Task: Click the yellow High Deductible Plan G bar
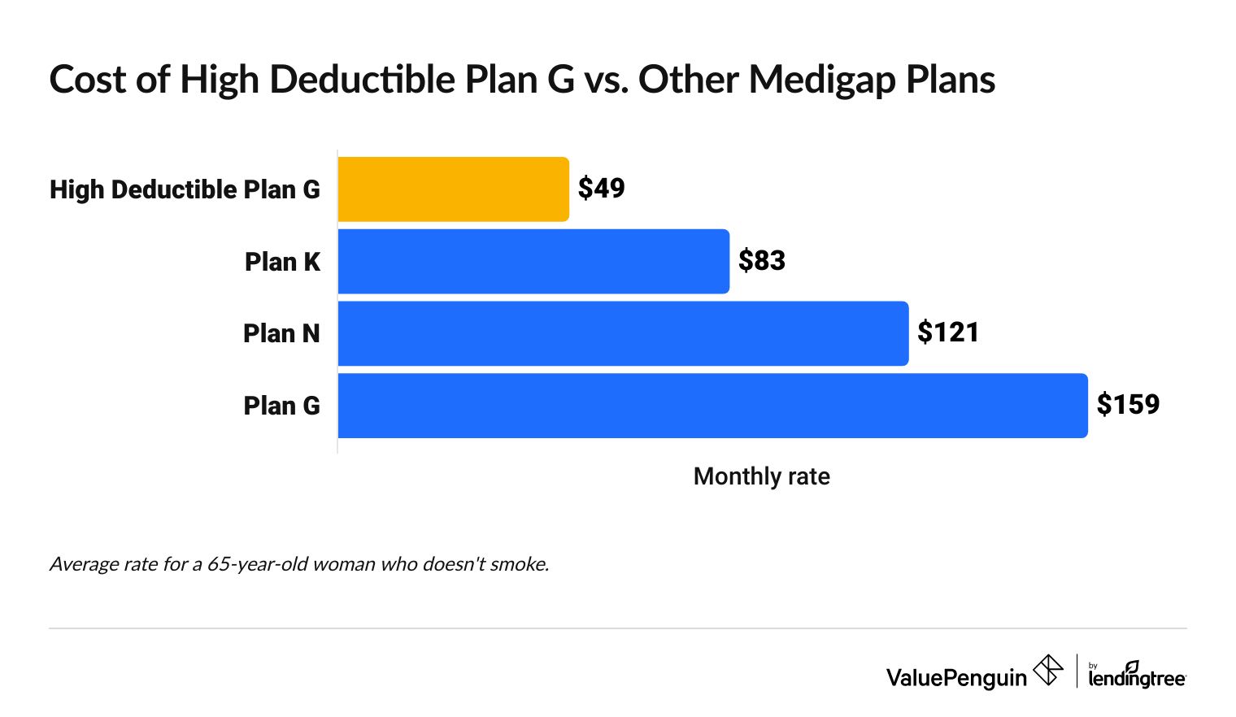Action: click(453, 189)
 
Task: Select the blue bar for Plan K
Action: click(533, 262)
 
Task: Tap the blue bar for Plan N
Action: click(623, 333)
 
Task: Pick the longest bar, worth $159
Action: click(712, 406)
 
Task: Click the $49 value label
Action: click(601, 189)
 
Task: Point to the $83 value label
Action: click(761, 261)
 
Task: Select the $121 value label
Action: click(948, 332)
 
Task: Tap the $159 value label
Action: click(1128, 405)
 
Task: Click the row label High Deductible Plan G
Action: click(185, 189)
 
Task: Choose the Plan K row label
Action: click(282, 262)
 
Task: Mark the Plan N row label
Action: click(281, 333)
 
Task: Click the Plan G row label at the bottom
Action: click(281, 406)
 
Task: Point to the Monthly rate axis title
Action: click(761, 476)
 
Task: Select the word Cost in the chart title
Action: click(86, 80)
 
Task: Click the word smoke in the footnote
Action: click(517, 564)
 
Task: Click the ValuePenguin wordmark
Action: click(956, 677)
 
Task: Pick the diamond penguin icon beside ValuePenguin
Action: click(1047, 671)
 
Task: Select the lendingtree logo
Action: click(1137, 675)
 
